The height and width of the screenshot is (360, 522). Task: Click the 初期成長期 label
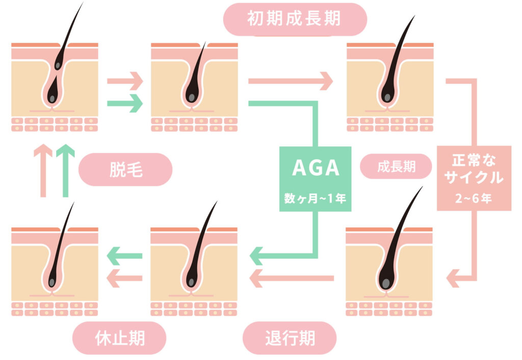point(294,19)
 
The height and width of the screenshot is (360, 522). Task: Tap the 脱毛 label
point(125,170)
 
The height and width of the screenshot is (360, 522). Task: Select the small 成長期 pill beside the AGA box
point(396,167)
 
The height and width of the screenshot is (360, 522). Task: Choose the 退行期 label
point(290,338)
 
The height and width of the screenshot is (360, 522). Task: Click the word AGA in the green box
point(316,169)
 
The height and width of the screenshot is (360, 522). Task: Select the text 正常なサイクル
point(474,170)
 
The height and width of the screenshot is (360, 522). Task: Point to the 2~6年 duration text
point(474,198)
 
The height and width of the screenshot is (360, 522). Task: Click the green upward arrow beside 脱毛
point(65,171)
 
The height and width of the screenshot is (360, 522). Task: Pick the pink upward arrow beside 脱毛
point(43,171)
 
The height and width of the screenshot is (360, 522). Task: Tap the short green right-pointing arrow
point(124,104)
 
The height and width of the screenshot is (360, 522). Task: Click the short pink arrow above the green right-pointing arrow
point(124,81)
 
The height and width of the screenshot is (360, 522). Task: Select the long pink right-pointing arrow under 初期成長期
point(291,81)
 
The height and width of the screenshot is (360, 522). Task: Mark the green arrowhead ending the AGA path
point(257,253)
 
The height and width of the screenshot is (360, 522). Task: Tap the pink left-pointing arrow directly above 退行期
point(291,278)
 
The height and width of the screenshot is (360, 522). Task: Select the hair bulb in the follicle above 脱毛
point(52,97)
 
